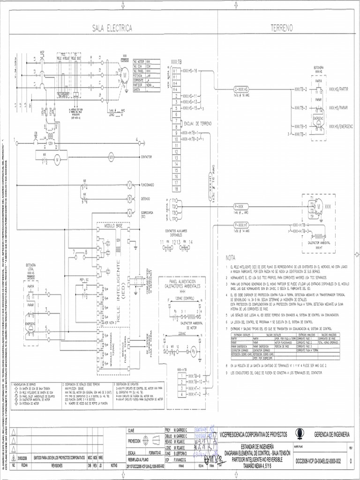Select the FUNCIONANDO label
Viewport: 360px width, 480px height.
pyautogui.click(x=149, y=185)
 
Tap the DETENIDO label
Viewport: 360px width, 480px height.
pyautogui.click(x=146, y=198)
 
